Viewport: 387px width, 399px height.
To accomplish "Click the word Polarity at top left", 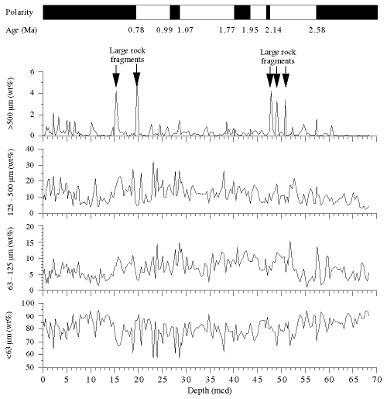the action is tap(19, 12).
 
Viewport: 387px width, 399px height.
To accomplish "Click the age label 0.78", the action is tap(136, 30).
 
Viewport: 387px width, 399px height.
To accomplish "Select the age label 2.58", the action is tap(317, 30).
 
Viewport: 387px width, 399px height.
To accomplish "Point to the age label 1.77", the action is tap(227, 30).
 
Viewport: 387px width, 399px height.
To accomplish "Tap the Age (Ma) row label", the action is tap(22, 30).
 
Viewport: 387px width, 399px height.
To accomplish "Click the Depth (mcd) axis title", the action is tap(210, 390).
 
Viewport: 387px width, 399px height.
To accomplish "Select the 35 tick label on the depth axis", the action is tap(210, 380).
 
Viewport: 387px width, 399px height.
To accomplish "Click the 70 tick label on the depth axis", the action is tap(377, 380).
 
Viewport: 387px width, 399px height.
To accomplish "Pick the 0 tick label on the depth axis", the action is tap(43, 380).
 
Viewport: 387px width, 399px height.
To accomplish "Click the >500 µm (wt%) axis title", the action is tap(11, 103).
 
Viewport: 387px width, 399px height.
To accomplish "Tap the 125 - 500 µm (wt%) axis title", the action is tap(11, 182).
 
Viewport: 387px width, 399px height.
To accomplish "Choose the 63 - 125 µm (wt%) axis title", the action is tap(11, 258).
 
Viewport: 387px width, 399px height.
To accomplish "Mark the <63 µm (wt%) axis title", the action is tap(10, 335).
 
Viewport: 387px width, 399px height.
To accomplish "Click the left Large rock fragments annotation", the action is tap(127, 55).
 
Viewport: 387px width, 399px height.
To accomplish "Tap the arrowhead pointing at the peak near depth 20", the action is tap(137, 79).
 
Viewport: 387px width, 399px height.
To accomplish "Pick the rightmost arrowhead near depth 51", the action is tap(286, 81).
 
